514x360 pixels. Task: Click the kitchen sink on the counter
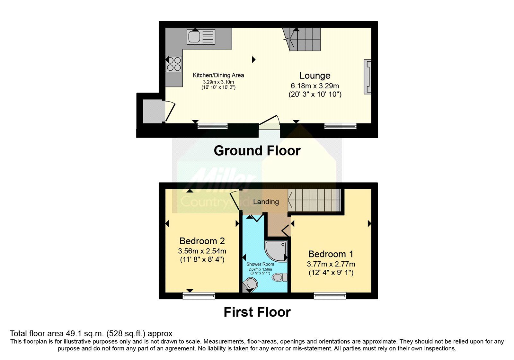[201, 37]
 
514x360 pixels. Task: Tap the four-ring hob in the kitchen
[174, 64]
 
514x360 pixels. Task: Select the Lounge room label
[315, 76]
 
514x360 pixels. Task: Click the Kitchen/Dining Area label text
[218, 75]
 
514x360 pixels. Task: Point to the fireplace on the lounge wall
[368, 77]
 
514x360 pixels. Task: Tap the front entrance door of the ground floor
[269, 123]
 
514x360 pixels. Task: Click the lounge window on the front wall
[340, 126]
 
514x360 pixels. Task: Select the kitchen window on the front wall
[212, 126]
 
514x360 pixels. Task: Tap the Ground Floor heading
[257, 151]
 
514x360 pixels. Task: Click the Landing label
[266, 202]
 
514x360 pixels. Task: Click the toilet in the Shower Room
[279, 277]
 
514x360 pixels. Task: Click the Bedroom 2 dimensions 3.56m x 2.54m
[202, 251]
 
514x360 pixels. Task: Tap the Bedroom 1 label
[331, 254]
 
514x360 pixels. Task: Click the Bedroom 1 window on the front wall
[330, 295]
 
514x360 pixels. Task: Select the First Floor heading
[257, 312]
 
